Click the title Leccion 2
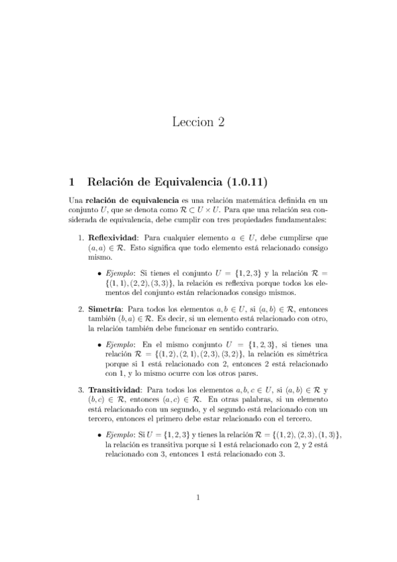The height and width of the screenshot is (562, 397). (198, 121)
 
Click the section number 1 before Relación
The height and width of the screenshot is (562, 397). (72, 180)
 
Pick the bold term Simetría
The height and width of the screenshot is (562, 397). (98, 309)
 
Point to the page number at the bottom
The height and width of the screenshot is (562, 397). (198, 514)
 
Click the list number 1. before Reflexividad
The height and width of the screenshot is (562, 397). (81, 237)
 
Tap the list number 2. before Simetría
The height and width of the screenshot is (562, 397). (81, 309)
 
